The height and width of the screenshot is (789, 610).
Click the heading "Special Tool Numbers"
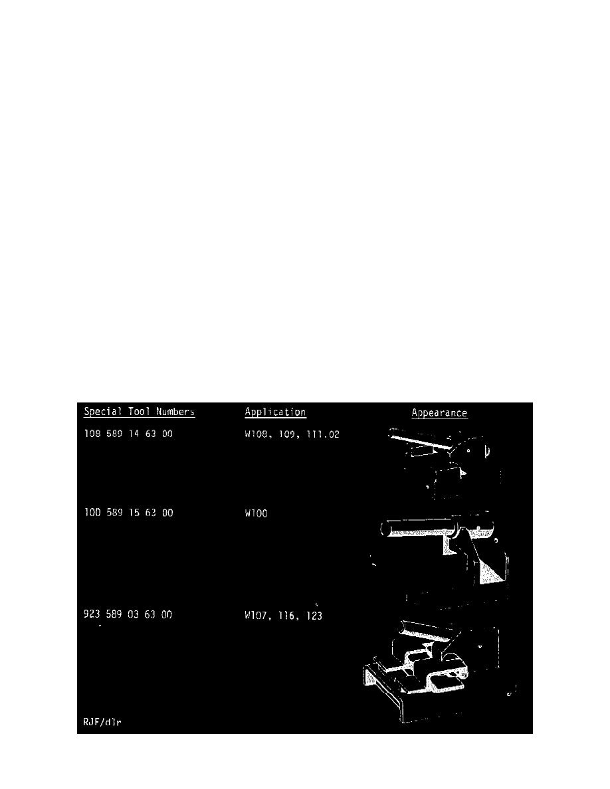139,412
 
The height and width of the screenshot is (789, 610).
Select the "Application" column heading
275,412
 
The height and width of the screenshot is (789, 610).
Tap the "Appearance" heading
439,413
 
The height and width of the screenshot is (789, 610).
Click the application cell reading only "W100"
256,513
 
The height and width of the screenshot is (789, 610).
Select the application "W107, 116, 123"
284,615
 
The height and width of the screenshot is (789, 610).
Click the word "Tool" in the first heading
144,412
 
